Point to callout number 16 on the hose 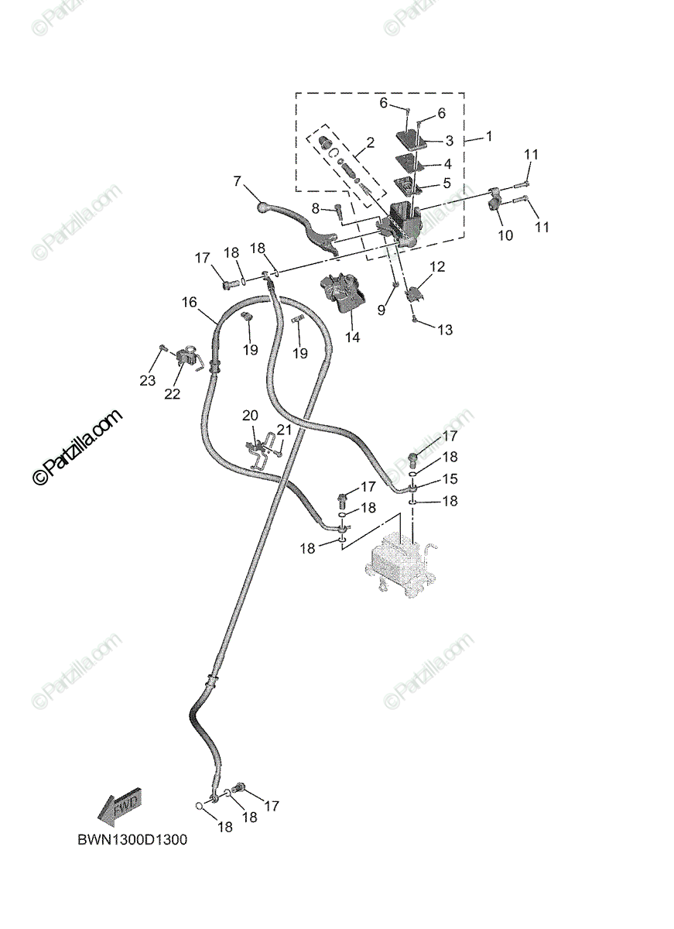(x=190, y=303)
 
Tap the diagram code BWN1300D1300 (x=132, y=840)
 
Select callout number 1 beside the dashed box (x=489, y=136)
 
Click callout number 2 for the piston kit (x=371, y=142)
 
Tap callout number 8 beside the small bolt (x=316, y=208)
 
